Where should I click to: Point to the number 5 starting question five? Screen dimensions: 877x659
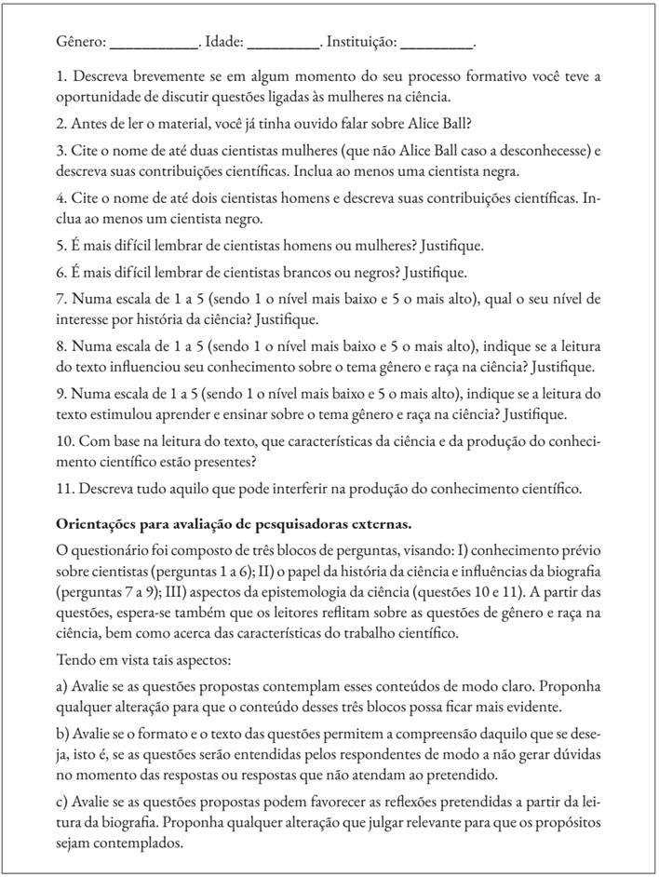pos(61,247)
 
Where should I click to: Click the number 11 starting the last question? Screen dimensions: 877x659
pos(63,487)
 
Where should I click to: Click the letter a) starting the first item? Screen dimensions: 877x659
pos(61,685)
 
